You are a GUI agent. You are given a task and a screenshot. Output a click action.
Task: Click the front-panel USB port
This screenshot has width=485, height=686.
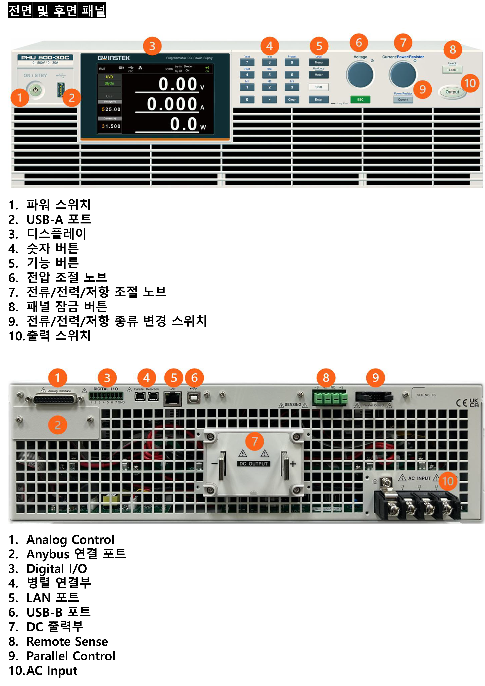(61, 90)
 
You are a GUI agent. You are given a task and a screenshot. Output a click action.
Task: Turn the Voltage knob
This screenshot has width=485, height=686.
(360, 75)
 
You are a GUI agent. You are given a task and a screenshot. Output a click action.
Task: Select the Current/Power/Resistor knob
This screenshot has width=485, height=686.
(403, 75)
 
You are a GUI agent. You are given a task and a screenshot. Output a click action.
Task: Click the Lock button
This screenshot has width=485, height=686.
(452, 70)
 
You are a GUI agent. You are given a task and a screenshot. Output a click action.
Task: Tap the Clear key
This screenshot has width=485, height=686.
(292, 100)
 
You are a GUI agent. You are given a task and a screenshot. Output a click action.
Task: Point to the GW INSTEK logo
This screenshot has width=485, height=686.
(114, 58)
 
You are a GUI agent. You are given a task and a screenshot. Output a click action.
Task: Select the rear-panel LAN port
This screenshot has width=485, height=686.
(172, 398)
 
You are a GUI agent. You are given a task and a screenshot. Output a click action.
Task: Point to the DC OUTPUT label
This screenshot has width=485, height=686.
(254, 464)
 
